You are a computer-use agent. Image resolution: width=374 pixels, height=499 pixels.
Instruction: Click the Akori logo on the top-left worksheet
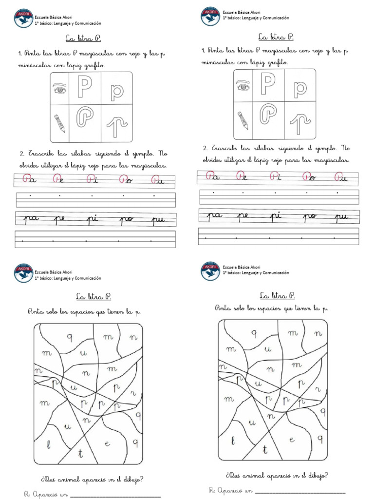tap(23, 19)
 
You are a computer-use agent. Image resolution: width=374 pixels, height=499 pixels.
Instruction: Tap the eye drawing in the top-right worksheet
tap(243, 87)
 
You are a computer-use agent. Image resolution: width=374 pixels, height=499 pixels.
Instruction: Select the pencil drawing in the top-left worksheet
tap(59, 123)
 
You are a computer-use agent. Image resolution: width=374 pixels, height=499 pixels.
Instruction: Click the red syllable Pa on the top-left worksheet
tap(29, 180)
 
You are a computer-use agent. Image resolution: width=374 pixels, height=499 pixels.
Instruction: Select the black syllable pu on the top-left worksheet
tap(159, 220)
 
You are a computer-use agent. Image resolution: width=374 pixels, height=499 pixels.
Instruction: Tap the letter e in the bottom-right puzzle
tap(292, 440)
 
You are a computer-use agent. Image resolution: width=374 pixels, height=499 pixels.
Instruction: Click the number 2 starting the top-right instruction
tap(205, 148)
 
